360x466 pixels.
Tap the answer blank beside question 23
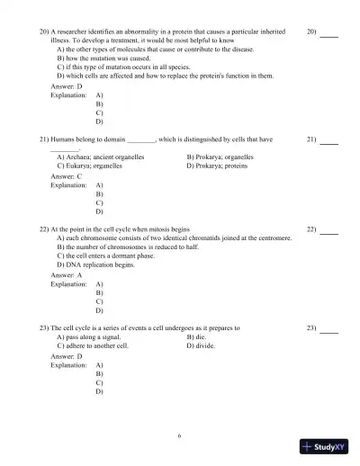[x=328, y=328]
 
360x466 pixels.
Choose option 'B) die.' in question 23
[x=200, y=336]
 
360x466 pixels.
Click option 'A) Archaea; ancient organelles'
[x=103, y=157]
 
